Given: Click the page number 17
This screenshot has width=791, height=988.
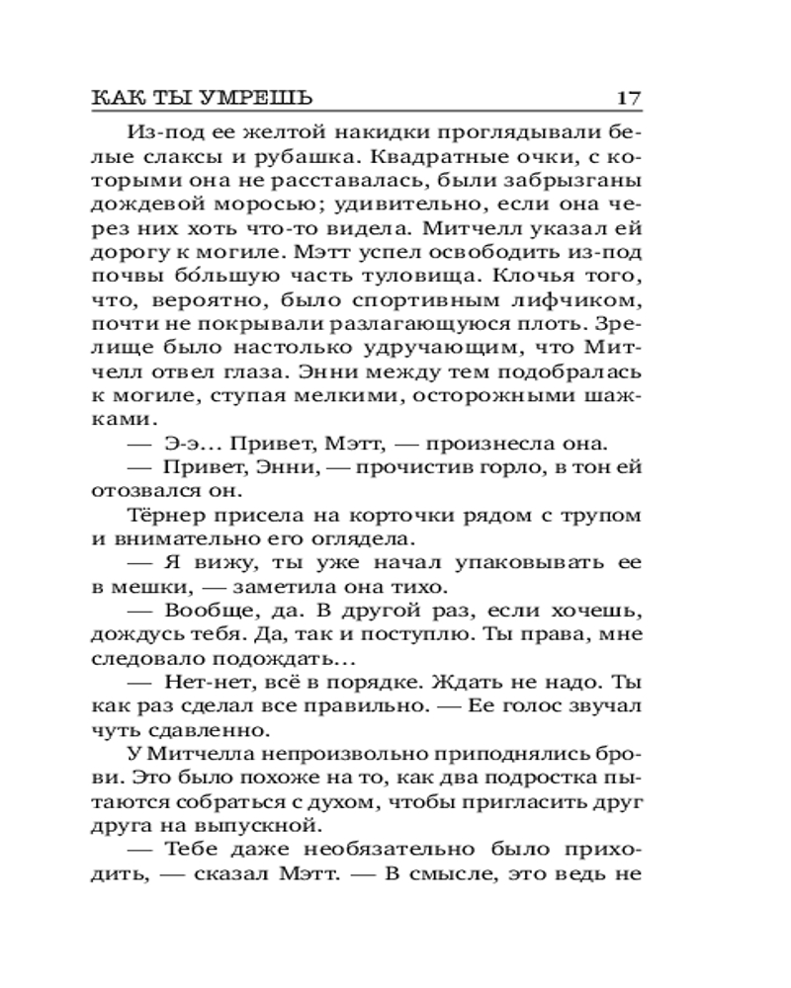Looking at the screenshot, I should pos(629,99).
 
